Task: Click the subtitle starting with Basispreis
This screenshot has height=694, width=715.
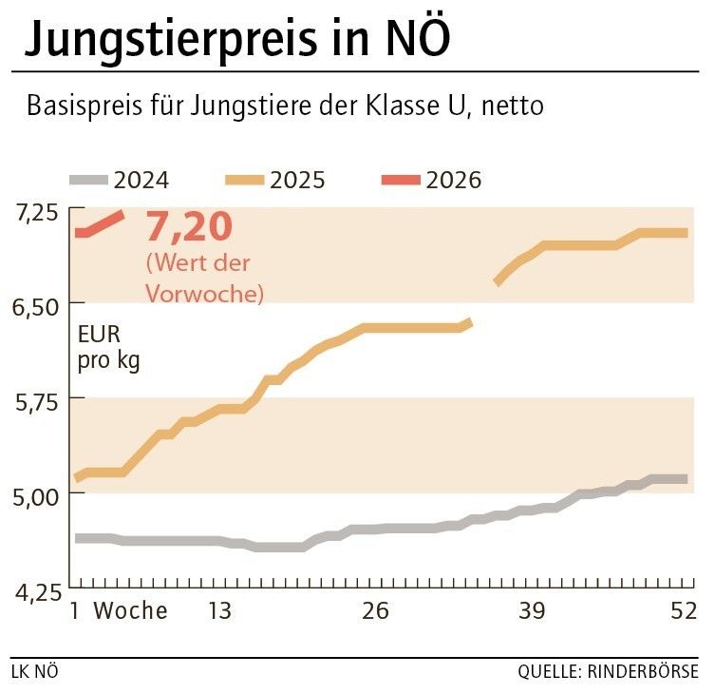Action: [x=285, y=106]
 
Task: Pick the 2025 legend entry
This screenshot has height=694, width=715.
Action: [x=275, y=180]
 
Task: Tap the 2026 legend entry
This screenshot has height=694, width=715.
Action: [x=432, y=180]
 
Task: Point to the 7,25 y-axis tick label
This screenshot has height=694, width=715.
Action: [x=35, y=210]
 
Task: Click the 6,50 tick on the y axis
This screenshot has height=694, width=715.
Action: [x=35, y=305]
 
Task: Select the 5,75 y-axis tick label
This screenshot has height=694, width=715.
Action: [x=35, y=400]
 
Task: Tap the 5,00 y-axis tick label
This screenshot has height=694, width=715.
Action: [x=35, y=495]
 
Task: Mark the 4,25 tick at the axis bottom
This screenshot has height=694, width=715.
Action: [x=35, y=590]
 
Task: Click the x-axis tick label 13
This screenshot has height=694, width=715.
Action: [x=219, y=611]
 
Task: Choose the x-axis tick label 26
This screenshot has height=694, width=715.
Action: [x=375, y=611]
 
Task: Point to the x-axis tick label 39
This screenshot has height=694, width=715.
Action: [x=531, y=611]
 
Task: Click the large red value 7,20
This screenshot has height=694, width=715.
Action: [x=188, y=228]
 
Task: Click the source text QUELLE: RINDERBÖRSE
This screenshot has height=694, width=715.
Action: [x=608, y=672]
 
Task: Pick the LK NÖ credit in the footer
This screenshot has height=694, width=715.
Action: [x=35, y=672]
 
